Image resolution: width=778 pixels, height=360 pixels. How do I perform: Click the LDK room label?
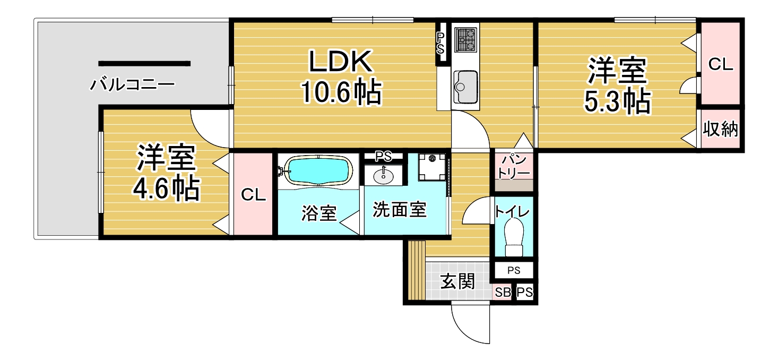pyautogui.click(x=341, y=61)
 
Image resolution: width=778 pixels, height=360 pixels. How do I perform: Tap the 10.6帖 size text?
pyautogui.click(x=341, y=92)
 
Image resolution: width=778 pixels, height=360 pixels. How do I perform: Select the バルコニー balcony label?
pyautogui.click(x=132, y=84)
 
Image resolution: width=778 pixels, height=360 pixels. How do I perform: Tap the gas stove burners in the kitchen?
pyautogui.click(x=465, y=40)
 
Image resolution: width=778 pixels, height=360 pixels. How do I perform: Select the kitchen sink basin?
pyautogui.click(x=465, y=87)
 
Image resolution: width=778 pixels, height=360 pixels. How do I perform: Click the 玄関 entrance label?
pyautogui.click(x=457, y=281)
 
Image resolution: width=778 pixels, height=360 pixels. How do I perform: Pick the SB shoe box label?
pyautogui.click(x=503, y=293)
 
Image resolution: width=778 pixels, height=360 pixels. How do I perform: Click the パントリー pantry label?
pyautogui.click(x=514, y=167)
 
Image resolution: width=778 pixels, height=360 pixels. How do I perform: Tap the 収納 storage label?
pyautogui.click(x=720, y=129)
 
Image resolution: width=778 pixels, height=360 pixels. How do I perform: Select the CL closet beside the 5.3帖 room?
pyautogui.click(x=721, y=64)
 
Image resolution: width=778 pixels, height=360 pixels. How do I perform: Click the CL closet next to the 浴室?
pyautogui.click(x=253, y=194)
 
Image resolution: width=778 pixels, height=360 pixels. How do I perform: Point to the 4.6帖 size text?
pyautogui.click(x=166, y=189)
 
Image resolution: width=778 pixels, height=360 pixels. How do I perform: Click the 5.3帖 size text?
pyautogui.click(x=617, y=101)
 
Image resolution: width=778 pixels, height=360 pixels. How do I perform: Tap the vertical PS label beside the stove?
pyautogui.click(x=440, y=44)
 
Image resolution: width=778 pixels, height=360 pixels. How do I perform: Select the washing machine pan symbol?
pyautogui.click(x=431, y=167)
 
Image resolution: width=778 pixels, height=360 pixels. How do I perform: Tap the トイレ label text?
pyautogui.click(x=512, y=211)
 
